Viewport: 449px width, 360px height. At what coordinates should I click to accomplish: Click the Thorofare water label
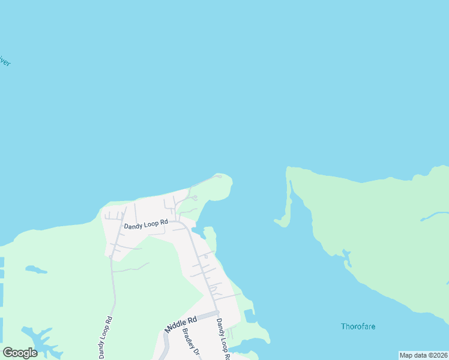coord(358,327)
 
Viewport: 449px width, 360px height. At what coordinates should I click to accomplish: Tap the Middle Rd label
coord(181,325)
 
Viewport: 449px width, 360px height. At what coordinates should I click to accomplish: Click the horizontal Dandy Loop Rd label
coord(146,225)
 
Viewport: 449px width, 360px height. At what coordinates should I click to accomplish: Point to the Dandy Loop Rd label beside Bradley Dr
coord(222,339)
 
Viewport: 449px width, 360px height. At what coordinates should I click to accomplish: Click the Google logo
coord(20,352)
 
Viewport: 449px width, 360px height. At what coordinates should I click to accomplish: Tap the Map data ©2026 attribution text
coord(424,355)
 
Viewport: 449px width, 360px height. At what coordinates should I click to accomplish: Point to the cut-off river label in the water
coord(5,62)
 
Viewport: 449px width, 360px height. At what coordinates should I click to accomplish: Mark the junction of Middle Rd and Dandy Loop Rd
coord(217,313)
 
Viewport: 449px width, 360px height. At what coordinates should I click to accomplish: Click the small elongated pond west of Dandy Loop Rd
coord(36,269)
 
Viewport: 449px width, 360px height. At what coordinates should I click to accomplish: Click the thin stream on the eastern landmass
coord(435,214)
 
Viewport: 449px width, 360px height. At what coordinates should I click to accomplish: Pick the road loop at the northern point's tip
coord(219,176)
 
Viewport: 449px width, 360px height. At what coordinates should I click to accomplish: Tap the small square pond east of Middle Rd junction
coord(249,316)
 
